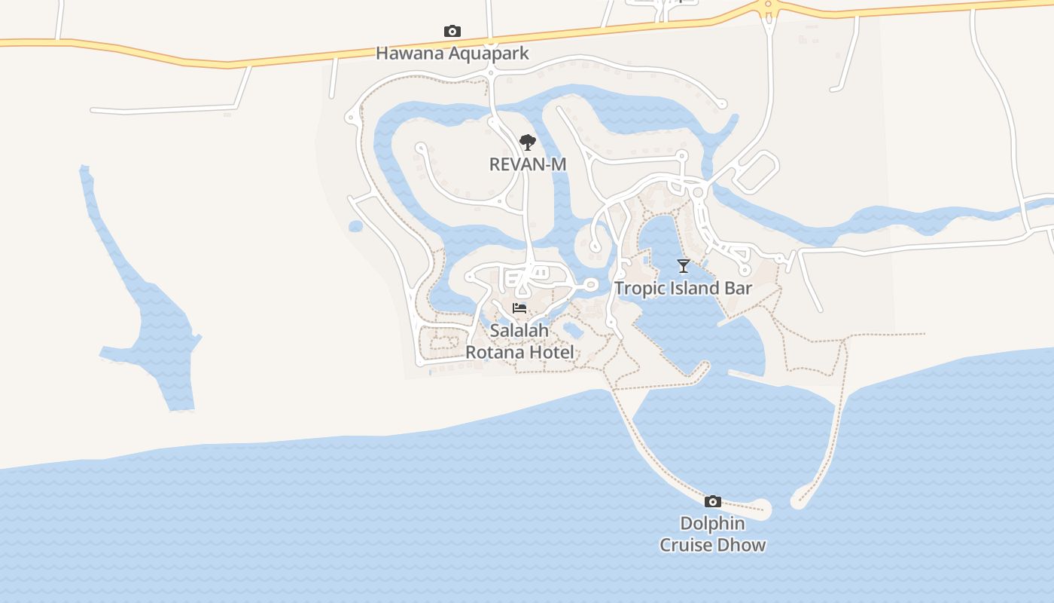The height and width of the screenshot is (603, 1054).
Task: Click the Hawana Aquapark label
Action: [x=452, y=54]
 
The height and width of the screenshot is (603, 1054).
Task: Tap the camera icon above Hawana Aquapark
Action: [x=452, y=31]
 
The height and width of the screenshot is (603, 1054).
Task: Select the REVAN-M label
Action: [x=528, y=164]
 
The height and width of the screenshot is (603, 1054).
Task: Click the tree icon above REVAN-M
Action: [x=528, y=142]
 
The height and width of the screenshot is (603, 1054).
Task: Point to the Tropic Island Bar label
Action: [x=683, y=288]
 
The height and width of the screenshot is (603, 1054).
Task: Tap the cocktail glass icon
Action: [x=684, y=265]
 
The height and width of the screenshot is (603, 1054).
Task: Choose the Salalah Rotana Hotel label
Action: [x=519, y=341]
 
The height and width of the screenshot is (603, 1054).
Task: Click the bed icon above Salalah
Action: [x=519, y=308]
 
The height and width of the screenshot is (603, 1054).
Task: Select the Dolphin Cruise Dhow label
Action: [x=712, y=534]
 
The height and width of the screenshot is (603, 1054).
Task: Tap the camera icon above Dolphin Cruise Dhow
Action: [x=712, y=502]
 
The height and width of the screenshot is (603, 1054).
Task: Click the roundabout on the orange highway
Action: [x=768, y=5]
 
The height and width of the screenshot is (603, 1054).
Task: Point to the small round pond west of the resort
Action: [x=355, y=226]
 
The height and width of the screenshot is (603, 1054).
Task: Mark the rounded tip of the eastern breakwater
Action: [x=799, y=501]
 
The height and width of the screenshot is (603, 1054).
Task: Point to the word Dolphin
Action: [x=712, y=523]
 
